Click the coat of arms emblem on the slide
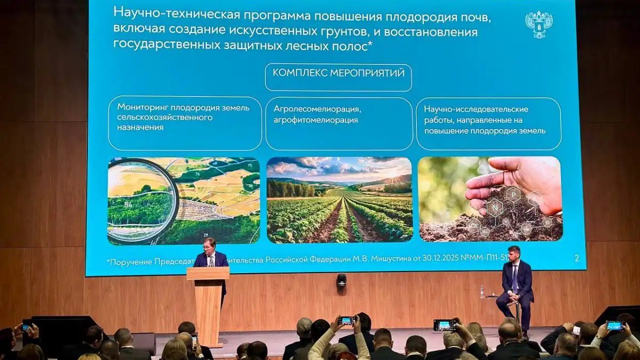click(x=539, y=25)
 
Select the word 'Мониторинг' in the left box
click(x=140, y=108)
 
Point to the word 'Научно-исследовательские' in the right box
click(x=476, y=109)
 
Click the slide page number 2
click(x=577, y=259)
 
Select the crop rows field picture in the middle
click(x=339, y=200)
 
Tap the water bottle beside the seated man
click(x=482, y=291)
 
